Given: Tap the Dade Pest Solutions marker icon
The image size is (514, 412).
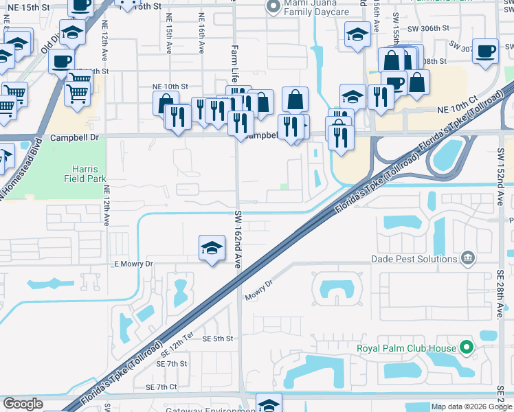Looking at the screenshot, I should (x=468, y=258).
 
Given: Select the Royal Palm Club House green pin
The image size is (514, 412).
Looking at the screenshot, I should (x=467, y=347).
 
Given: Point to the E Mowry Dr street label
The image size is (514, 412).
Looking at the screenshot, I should (x=133, y=264).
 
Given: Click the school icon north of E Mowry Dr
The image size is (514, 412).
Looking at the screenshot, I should (x=212, y=249).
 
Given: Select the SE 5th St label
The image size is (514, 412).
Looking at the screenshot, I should (x=218, y=339).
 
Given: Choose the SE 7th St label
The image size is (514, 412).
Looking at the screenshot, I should (x=172, y=363).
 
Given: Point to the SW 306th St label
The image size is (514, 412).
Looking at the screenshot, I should (x=427, y=28).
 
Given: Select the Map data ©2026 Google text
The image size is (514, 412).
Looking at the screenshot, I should (x=471, y=407).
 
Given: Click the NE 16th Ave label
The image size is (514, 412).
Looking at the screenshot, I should (x=201, y=34).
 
